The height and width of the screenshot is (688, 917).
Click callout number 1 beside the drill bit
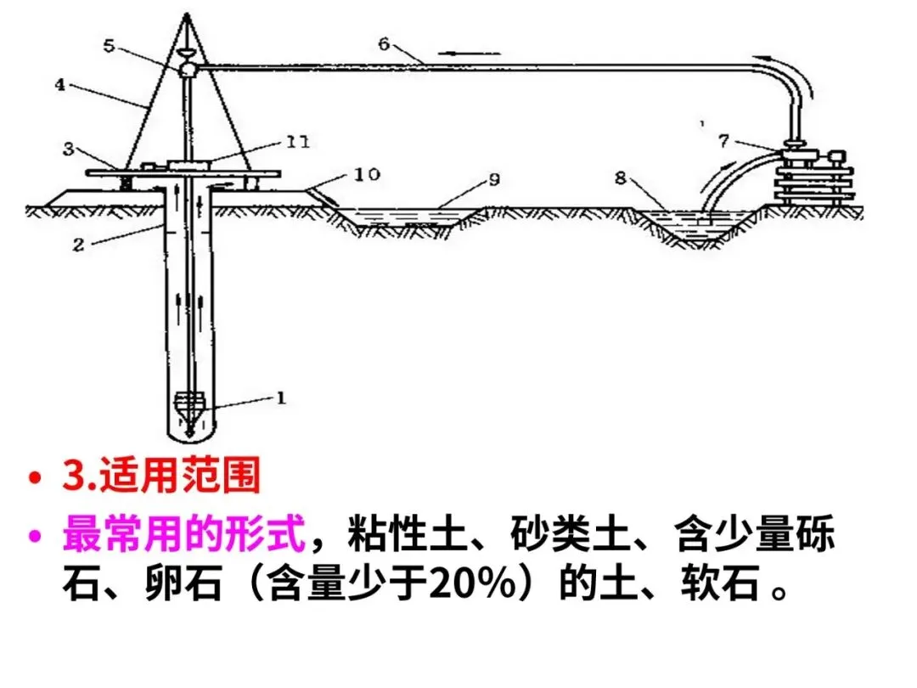(x=281, y=396)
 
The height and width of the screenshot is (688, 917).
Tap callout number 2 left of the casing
(x=78, y=244)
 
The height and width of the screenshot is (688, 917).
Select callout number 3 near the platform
(x=68, y=149)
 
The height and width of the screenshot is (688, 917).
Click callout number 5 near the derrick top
(x=110, y=45)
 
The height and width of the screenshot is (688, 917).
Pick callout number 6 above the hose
(x=385, y=43)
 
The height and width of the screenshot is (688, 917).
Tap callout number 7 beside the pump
(x=723, y=140)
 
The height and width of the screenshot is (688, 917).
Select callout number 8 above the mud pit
(x=622, y=178)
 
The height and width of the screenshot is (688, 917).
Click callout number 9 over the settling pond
(x=495, y=179)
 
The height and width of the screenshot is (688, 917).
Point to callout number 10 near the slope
(x=368, y=175)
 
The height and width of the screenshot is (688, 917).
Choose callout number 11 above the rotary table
(x=296, y=143)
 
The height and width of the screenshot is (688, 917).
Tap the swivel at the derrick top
(x=188, y=67)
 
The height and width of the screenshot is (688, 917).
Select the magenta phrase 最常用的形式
(x=183, y=536)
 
